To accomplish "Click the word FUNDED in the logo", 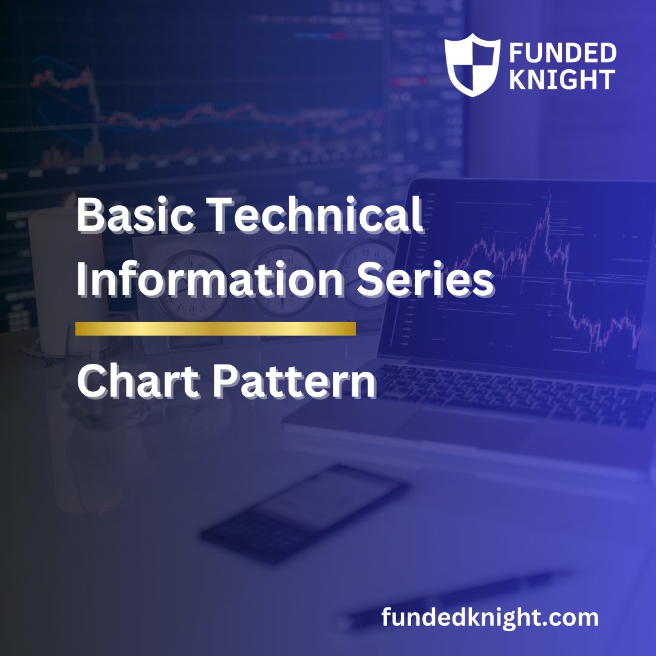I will (562, 53).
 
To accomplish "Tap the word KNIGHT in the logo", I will (562, 80).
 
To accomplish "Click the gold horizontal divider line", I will (215, 329).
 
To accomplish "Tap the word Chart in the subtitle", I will (138, 383).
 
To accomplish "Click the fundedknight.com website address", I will (490, 618).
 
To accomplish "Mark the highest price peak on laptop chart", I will (548, 198).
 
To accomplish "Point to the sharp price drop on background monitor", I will (95, 100).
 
